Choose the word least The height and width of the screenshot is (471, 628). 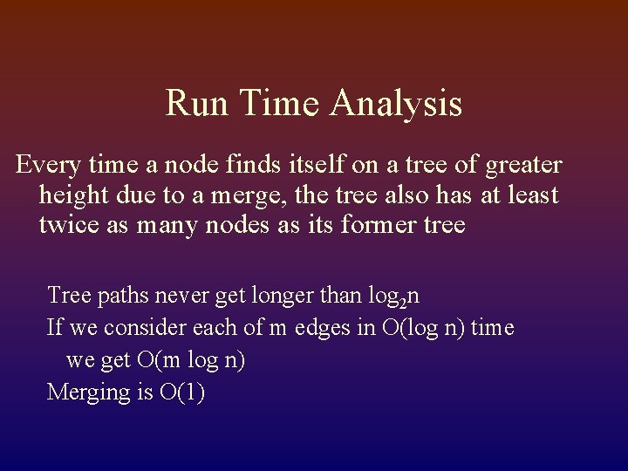coord(531,195)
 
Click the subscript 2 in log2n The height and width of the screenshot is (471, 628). coord(403,303)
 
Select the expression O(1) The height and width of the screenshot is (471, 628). coord(181,392)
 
